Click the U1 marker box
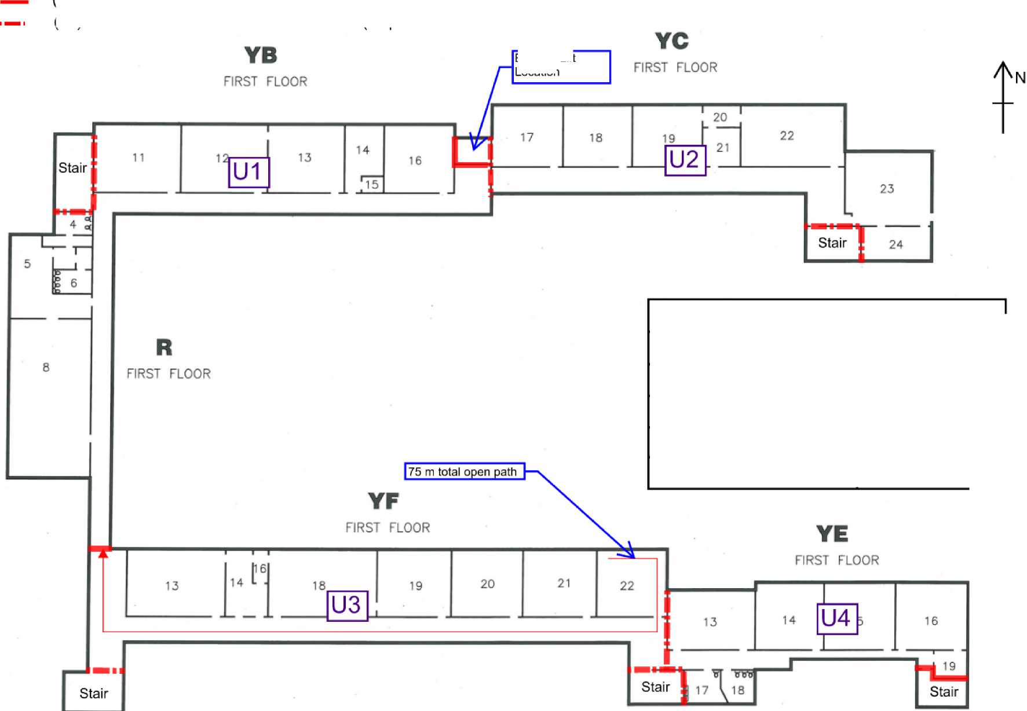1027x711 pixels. [x=249, y=172]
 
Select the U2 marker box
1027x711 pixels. [x=685, y=160]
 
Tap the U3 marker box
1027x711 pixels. [x=347, y=606]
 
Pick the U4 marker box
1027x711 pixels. [x=836, y=618]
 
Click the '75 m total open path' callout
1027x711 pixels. [x=464, y=471]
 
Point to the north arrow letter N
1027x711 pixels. [x=1020, y=78]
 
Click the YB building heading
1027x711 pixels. [x=261, y=56]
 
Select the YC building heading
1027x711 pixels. [x=672, y=41]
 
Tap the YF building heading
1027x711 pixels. [x=383, y=501]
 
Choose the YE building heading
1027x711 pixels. [x=832, y=534]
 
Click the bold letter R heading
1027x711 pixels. [x=164, y=347]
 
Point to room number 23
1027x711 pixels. [x=887, y=189]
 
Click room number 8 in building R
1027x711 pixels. [x=46, y=367]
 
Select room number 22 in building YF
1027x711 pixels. [x=627, y=586]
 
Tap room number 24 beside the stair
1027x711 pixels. [x=896, y=244]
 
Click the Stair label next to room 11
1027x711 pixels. [x=72, y=168]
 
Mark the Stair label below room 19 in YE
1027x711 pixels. [x=944, y=692]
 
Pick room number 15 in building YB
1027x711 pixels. [x=372, y=185]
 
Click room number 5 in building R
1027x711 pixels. [x=27, y=264]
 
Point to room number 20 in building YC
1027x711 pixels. [x=720, y=118]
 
